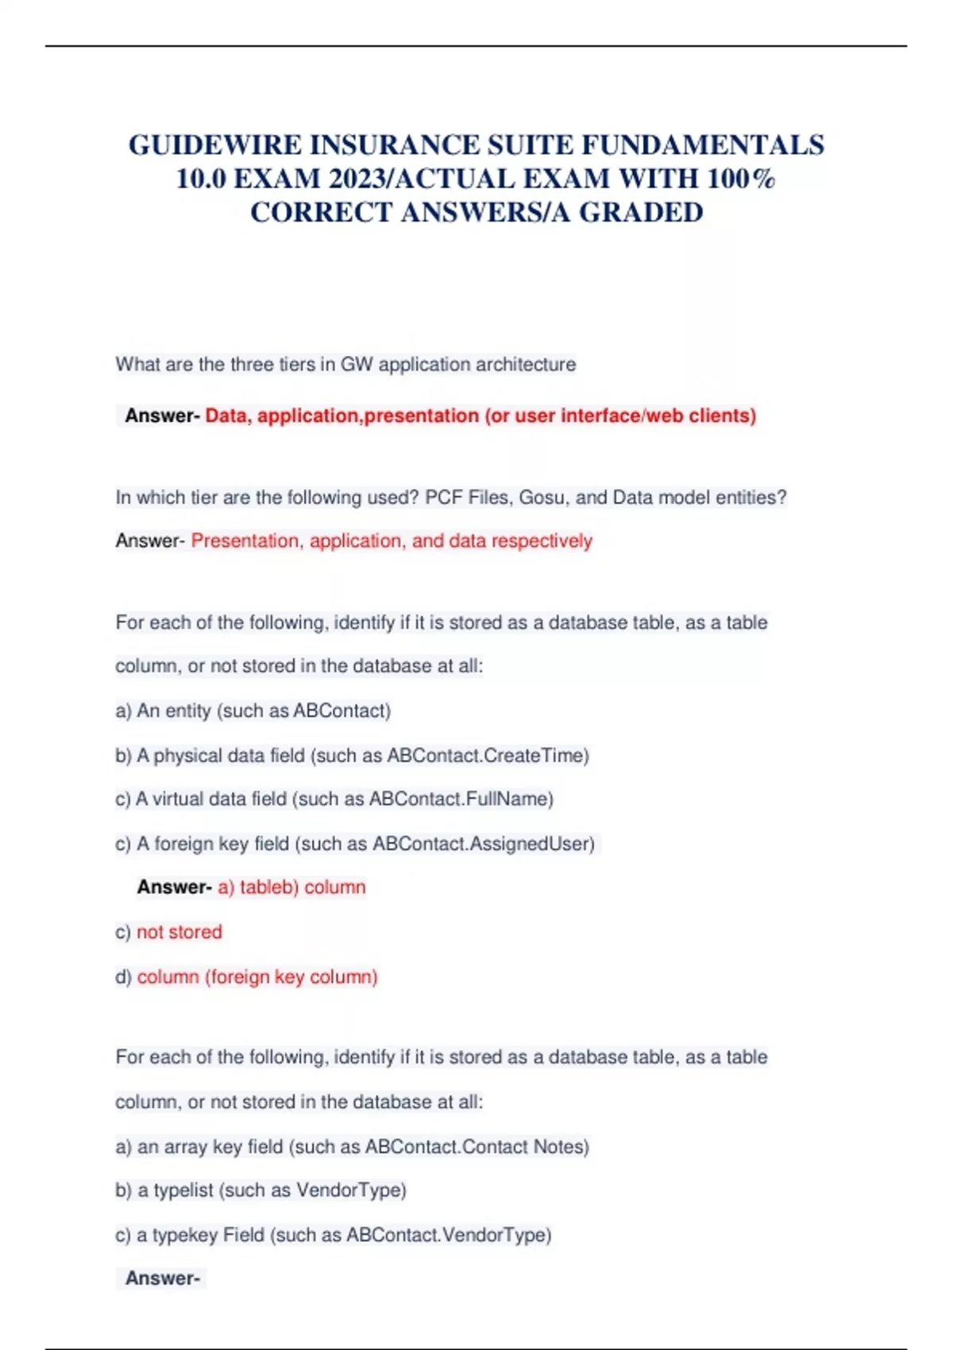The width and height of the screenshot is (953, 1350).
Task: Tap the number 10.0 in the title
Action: (201, 179)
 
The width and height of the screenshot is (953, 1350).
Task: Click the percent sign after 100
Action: (764, 179)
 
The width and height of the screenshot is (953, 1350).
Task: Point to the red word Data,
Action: (229, 415)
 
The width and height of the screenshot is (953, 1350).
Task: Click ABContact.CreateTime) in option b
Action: (488, 755)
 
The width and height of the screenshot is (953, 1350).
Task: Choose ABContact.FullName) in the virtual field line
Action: (461, 799)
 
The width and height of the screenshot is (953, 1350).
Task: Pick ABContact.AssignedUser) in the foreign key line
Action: (484, 843)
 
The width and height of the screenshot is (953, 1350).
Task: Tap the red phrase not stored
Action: (179, 931)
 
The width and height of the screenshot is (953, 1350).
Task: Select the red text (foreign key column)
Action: (291, 977)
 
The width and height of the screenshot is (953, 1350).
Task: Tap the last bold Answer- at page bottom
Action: (162, 1279)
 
